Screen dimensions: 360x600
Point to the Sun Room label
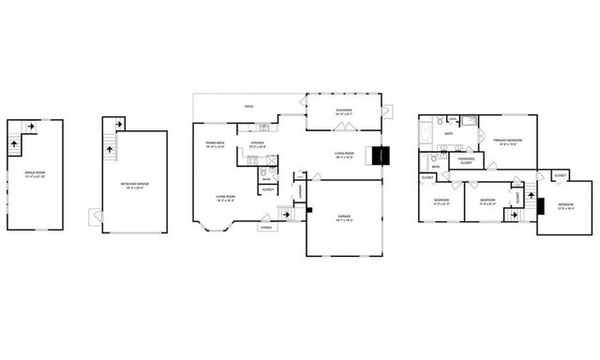343,112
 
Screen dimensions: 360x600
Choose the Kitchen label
257,145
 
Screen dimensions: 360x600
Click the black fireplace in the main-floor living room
380,156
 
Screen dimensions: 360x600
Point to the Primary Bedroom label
507,141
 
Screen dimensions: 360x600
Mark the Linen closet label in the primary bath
452,120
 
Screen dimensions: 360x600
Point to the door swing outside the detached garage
95,217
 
